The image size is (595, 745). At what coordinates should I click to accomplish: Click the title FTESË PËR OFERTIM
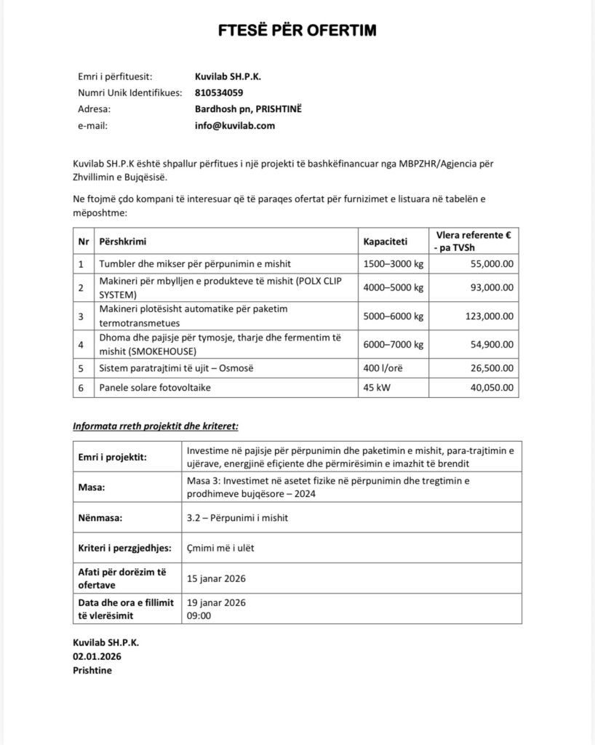(298, 31)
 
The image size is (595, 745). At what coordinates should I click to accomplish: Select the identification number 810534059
(219, 92)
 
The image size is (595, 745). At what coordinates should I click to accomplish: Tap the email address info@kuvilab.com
(235, 125)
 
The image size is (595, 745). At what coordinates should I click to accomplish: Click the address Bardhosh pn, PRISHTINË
(248, 109)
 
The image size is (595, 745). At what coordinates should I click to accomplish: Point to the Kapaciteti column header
(386, 241)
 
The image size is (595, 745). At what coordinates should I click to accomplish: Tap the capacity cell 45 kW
(377, 388)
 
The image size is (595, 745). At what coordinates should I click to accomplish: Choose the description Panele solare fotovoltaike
(154, 388)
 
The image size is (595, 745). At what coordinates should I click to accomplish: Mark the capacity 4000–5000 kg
(393, 288)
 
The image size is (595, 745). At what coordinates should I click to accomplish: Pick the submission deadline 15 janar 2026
(217, 578)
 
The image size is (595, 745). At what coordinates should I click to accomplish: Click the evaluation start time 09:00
(199, 615)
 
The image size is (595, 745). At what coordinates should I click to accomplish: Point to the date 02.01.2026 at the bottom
(97, 656)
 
